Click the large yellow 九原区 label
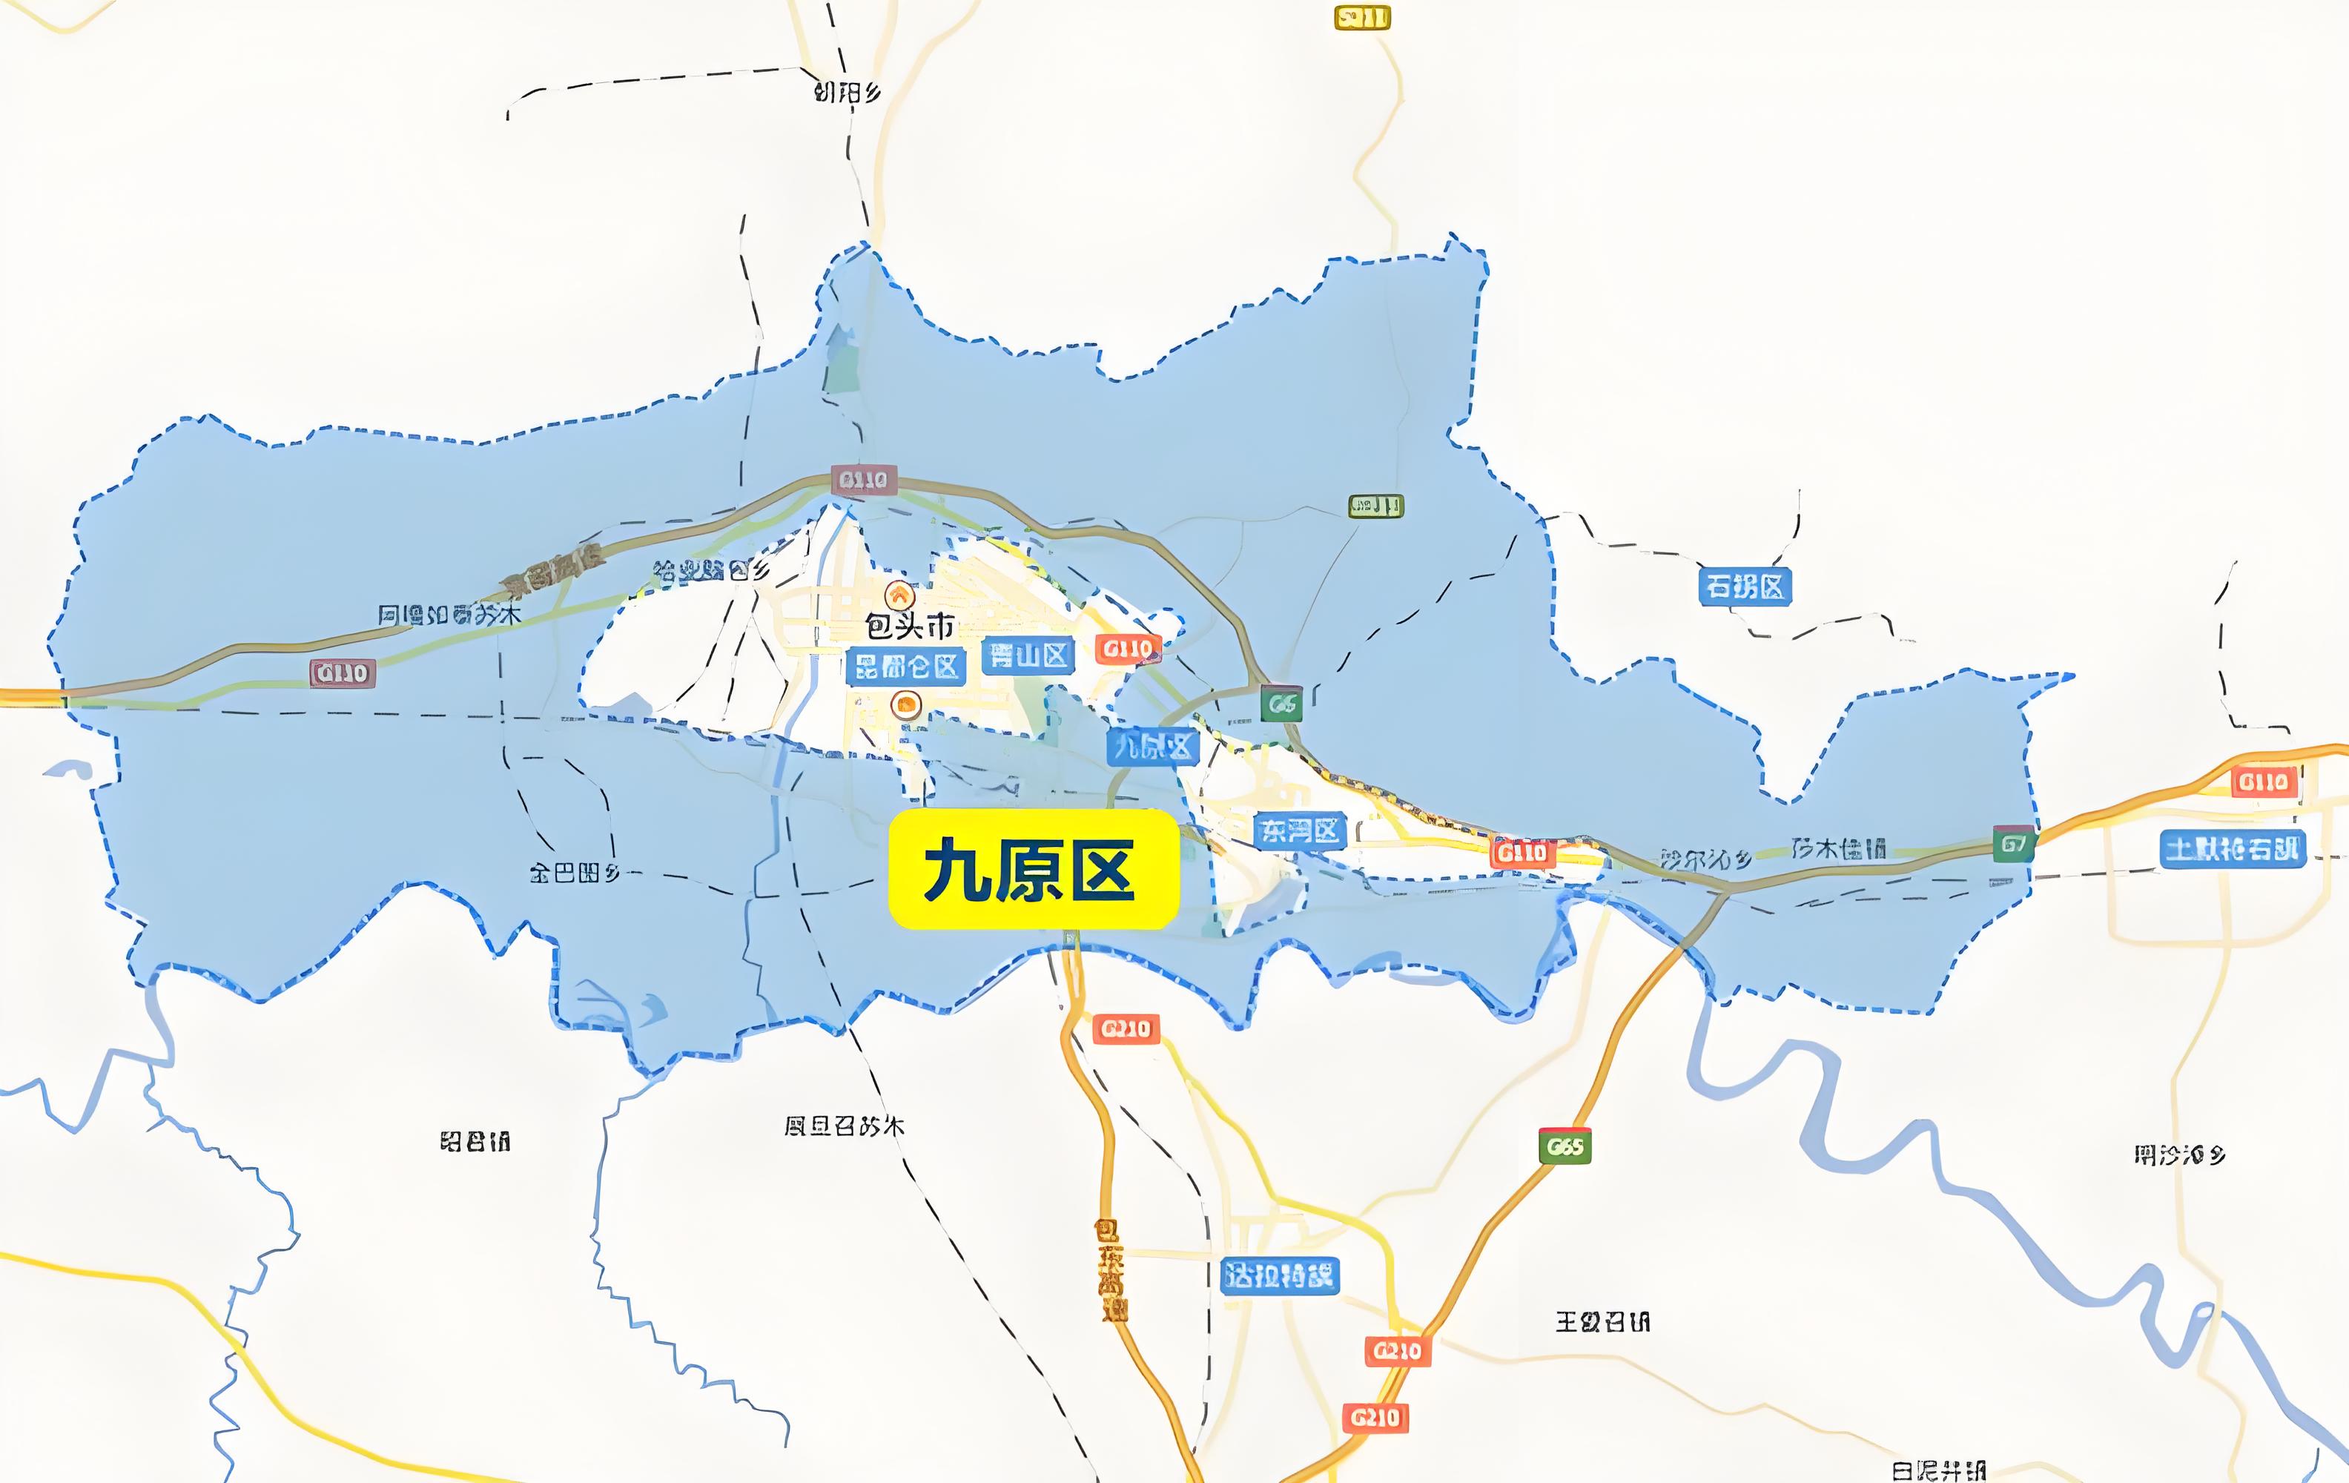1033,869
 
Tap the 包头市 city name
909,625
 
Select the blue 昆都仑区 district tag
906,667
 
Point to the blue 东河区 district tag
1299,831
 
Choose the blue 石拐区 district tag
1744,587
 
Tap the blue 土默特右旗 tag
2232,849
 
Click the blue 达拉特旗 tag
1279,1275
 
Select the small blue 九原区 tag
1152,747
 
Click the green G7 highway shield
2013,844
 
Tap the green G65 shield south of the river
1565,1146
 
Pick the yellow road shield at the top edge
1362,18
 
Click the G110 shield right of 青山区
1128,649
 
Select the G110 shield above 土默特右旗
2263,782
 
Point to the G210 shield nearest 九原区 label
1126,1028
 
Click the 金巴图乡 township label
575,872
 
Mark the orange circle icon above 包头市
899,594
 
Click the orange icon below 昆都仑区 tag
908,704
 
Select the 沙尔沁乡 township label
1706,859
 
